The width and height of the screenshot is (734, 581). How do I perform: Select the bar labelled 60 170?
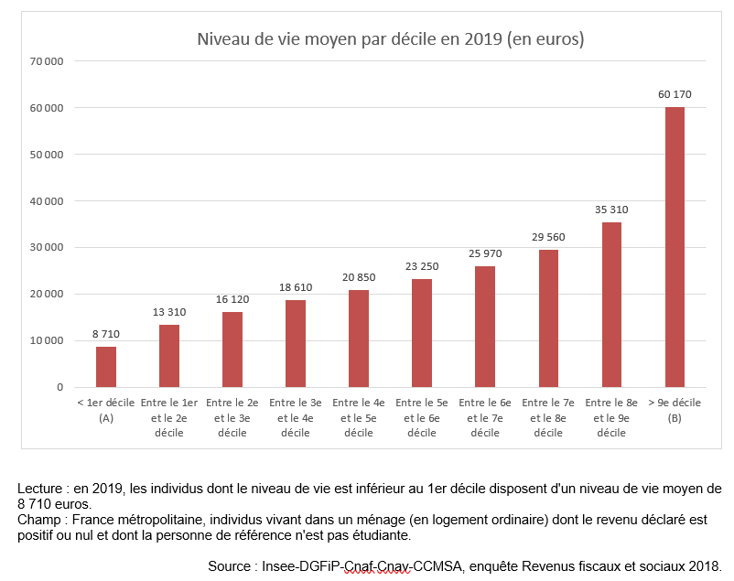point(675,247)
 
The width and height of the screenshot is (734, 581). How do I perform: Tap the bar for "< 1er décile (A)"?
point(106,366)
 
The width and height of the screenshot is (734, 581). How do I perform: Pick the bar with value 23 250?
point(422,333)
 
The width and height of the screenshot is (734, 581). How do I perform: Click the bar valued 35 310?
point(611,305)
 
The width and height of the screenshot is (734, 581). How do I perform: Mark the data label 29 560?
point(548,237)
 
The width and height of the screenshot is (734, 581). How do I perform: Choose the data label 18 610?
point(296,287)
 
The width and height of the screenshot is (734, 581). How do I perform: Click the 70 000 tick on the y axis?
point(46,61)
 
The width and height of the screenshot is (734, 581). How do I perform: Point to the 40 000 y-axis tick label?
point(46,201)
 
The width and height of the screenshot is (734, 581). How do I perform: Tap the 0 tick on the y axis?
point(59,387)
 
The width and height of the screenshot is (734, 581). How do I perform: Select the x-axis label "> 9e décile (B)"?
point(675,410)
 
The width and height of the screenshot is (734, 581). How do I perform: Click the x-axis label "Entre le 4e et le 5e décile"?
point(359,417)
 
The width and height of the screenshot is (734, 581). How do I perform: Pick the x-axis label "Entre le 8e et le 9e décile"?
point(611,417)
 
